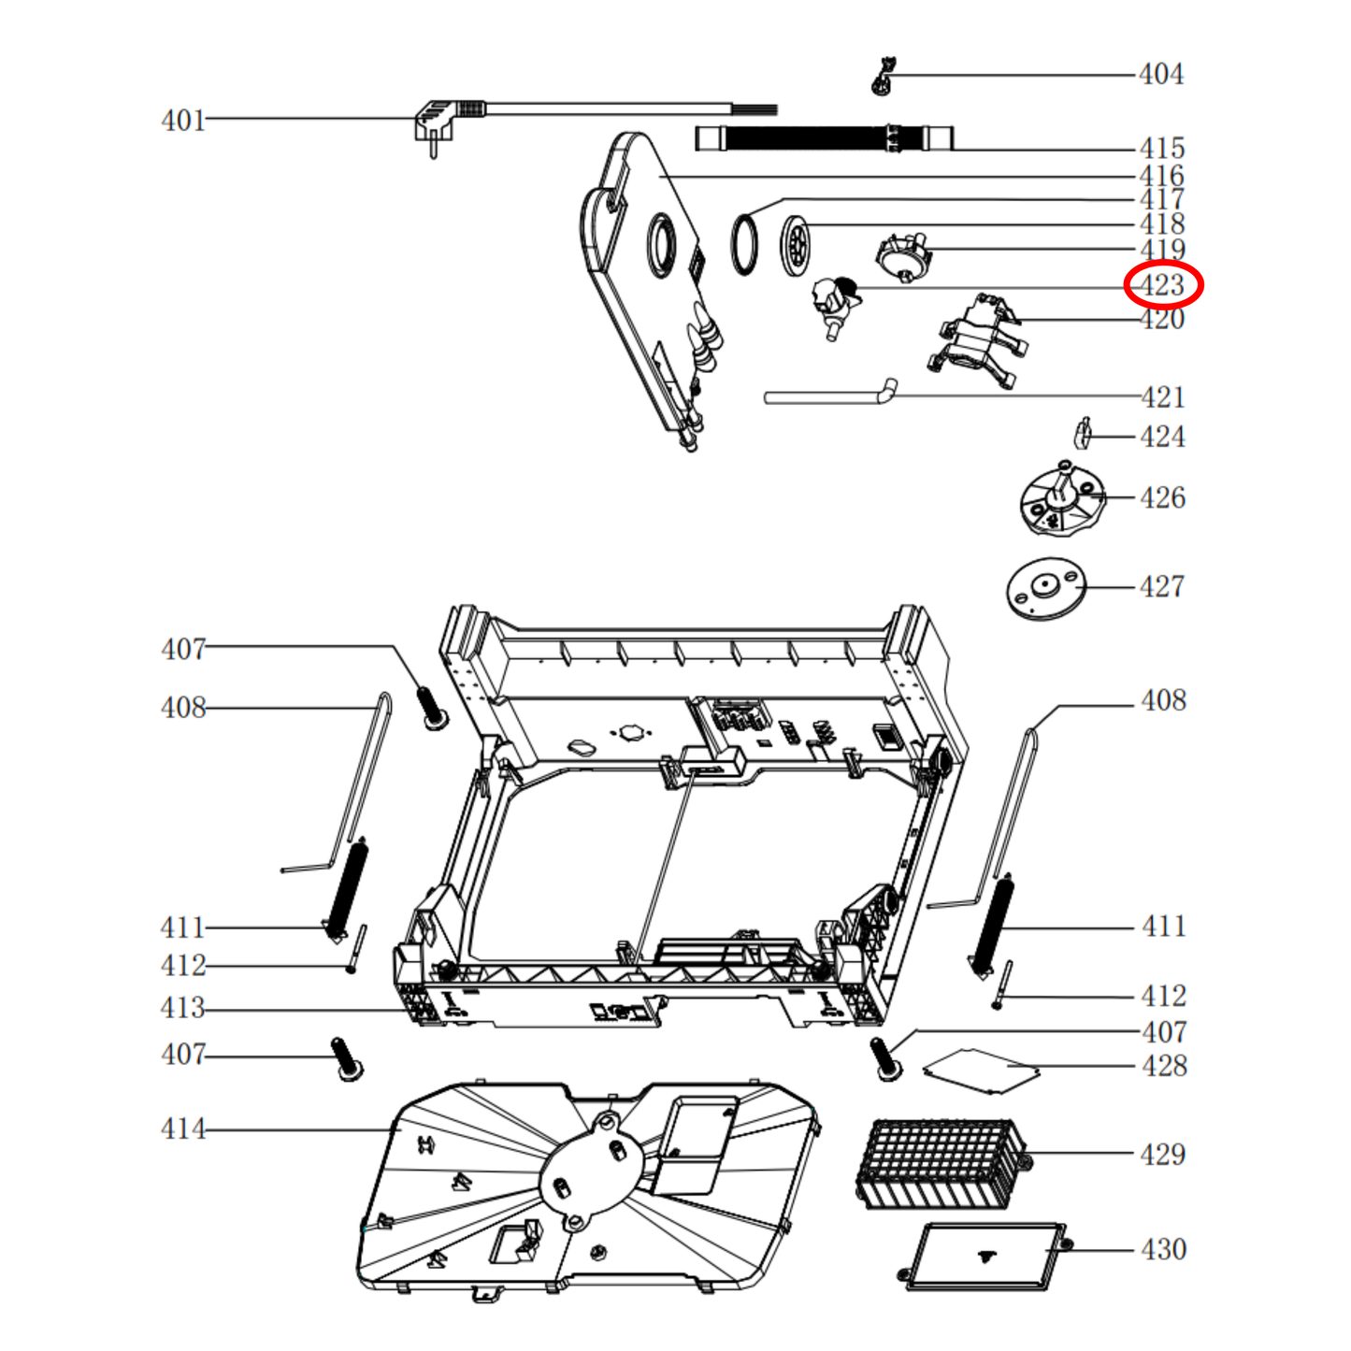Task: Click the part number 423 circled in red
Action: [x=1162, y=285]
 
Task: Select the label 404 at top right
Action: [x=1161, y=74]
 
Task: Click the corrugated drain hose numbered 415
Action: [x=823, y=139]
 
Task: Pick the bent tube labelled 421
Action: [x=827, y=395]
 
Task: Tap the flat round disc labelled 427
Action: [x=1045, y=589]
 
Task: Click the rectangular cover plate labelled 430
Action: [x=985, y=1256]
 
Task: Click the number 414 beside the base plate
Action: [x=182, y=1129]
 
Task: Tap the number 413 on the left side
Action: [x=182, y=1008]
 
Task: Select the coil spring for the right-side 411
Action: [x=991, y=926]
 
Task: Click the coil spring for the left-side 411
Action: [x=345, y=888]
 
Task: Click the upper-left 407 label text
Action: [x=182, y=649]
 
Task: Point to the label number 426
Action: [x=1162, y=497]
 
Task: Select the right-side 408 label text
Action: [x=1163, y=700]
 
